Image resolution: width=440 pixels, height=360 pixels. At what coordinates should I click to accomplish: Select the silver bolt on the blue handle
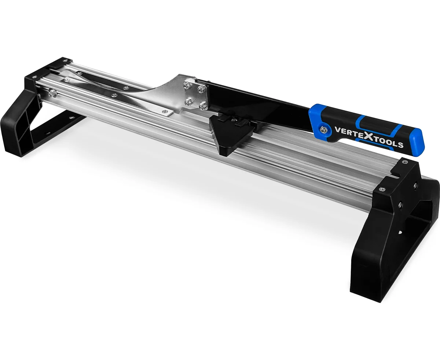point(323,130)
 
